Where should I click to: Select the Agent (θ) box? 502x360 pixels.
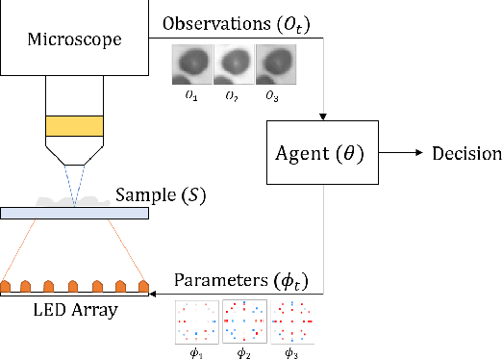click(x=321, y=154)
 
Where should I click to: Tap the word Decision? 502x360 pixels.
click(x=466, y=154)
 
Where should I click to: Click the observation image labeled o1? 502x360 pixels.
click(x=191, y=64)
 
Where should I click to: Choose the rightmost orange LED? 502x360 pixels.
click(x=144, y=287)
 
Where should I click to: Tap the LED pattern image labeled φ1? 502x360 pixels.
click(x=195, y=322)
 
